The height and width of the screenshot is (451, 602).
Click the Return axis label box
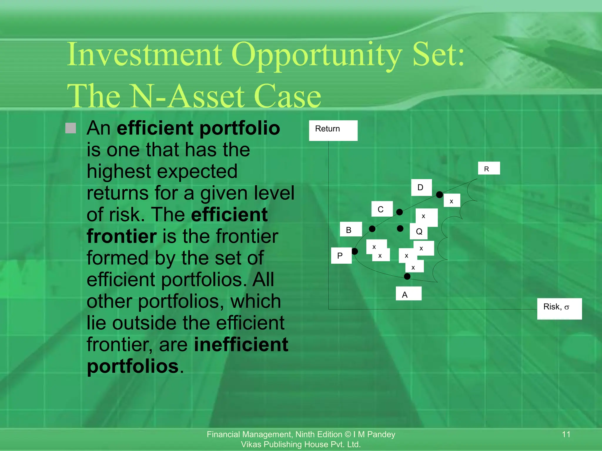pos(333,130)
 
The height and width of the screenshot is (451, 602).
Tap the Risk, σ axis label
pos(559,309)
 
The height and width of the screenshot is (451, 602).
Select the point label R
pos(489,168)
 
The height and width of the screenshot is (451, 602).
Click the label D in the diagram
pos(421,187)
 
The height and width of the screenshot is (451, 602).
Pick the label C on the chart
pos(382,209)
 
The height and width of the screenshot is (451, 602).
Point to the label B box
pos(350,229)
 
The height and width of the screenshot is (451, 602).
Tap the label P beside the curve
pos(341,255)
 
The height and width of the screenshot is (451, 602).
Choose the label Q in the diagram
pos(419,232)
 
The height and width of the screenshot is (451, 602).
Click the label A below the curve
pos(408,294)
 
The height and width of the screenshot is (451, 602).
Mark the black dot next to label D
pos(439,195)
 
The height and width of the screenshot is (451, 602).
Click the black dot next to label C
pos(399,212)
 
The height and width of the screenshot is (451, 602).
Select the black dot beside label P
pos(355,251)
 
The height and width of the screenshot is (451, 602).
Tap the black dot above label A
pos(407,276)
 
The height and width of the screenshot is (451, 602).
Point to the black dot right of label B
pos(372,229)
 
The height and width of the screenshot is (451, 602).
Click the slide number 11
pos(566,434)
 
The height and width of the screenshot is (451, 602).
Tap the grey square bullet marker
pos(71,128)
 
